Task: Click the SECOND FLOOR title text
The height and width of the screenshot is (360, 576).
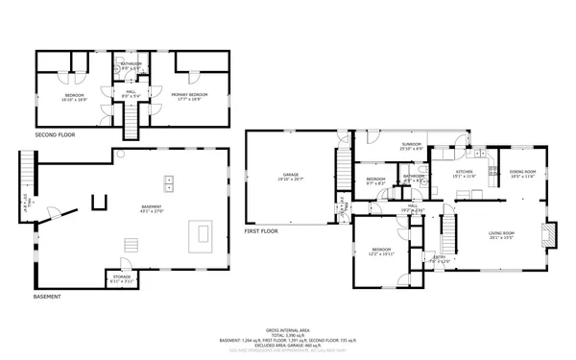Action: (x=55, y=135)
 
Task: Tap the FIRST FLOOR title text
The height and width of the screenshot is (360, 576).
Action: (x=262, y=231)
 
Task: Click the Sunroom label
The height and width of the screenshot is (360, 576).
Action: (x=411, y=145)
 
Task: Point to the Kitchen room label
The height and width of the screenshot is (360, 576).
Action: (x=465, y=173)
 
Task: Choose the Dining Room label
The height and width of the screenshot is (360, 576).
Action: (x=522, y=173)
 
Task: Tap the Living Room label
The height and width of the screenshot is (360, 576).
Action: (x=501, y=234)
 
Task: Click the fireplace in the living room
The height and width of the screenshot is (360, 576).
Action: (x=549, y=235)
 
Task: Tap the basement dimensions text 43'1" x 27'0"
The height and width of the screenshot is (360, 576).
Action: (x=152, y=210)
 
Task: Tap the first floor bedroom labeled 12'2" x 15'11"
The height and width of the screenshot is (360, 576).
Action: (x=382, y=252)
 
